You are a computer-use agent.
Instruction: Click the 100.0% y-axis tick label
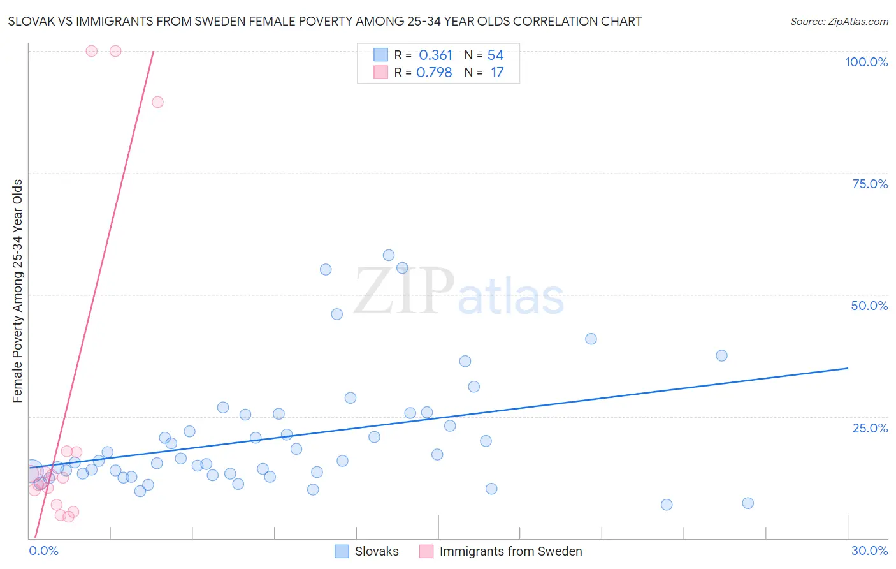pyautogui.click(x=866, y=62)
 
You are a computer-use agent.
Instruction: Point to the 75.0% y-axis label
pyautogui.click(x=870, y=184)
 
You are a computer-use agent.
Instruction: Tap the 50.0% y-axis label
pyautogui.click(x=869, y=306)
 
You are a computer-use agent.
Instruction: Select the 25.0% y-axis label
pyautogui.click(x=870, y=427)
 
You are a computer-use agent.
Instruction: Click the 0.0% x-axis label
pyautogui.click(x=43, y=551)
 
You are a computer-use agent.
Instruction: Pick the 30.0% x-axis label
pyautogui.click(x=869, y=551)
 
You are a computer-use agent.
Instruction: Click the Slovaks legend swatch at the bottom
pyautogui.click(x=342, y=551)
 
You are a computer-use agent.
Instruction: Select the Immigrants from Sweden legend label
pyautogui.click(x=510, y=551)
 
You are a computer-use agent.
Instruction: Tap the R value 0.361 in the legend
pyautogui.click(x=435, y=55)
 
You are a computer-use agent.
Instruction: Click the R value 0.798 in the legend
pyautogui.click(x=434, y=73)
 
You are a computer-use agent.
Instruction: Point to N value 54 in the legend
pyautogui.click(x=495, y=55)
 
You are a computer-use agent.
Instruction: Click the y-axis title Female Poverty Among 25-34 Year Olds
pyautogui.click(x=17, y=291)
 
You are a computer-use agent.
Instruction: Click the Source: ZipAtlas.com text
pyautogui.click(x=839, y=21)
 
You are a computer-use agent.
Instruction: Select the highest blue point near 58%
pyautogui.click(x=389, y=255)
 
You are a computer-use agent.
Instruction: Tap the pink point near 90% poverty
pyautogui.click(x=157, y=102)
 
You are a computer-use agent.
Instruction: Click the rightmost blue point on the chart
pyautogui.click(x=748, y=503)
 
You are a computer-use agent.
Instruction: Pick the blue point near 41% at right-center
pyautogui.click(x=591, y=339)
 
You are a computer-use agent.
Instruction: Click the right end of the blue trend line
pyautogui.click(x=848, y=368)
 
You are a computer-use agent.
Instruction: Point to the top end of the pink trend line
pyautogui.click(x=154, y=51)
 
